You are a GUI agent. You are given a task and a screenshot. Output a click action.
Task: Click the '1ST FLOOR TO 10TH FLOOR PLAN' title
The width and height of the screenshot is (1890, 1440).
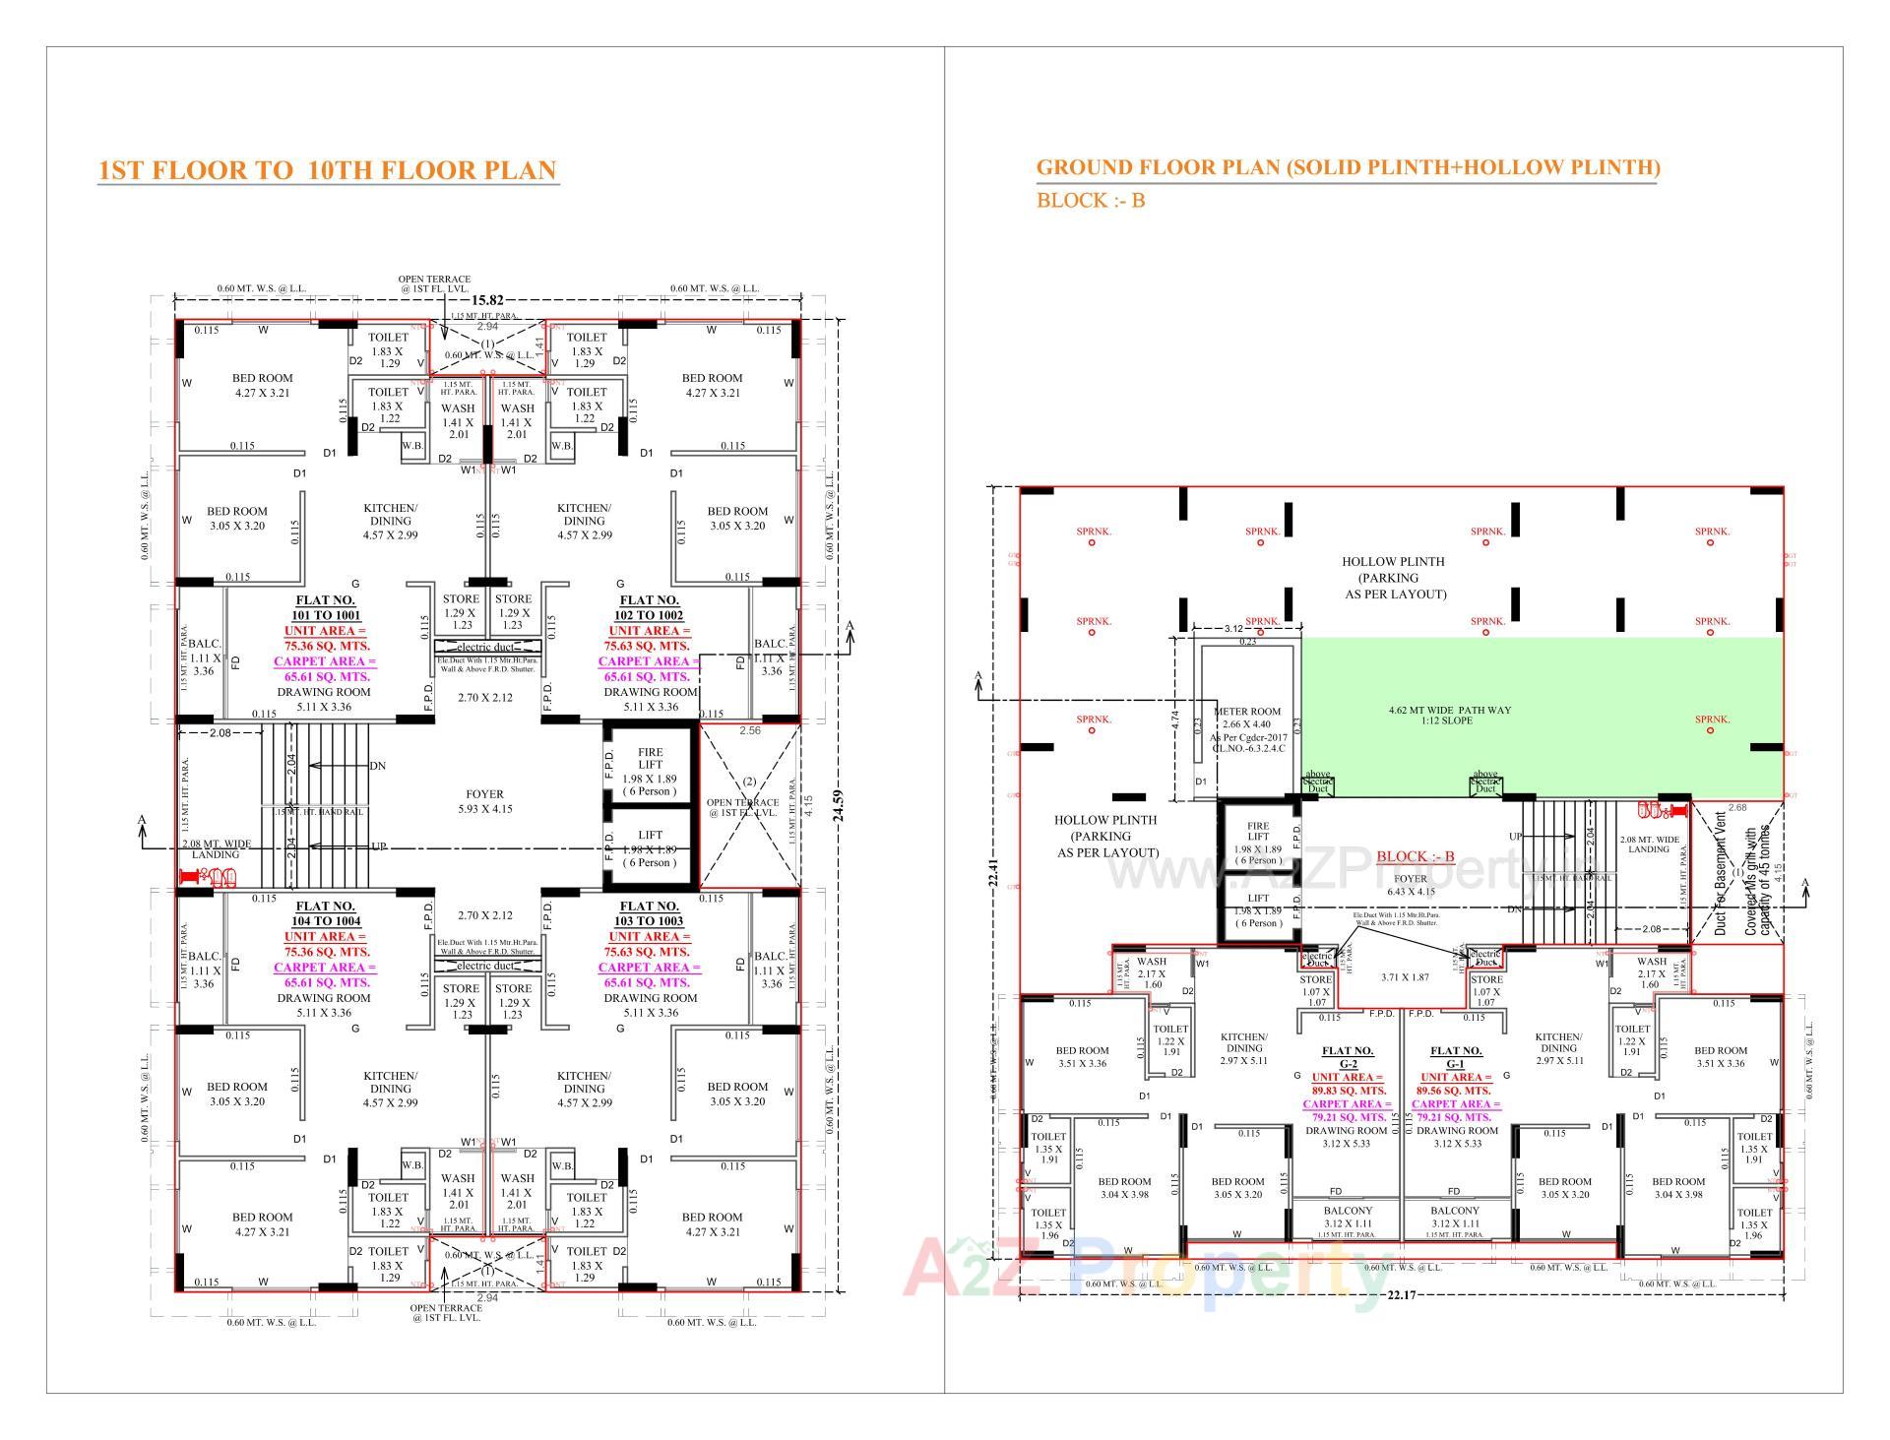click(x=328, y=170)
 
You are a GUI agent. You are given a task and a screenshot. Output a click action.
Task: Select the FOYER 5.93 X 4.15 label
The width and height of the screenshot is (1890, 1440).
click(x=484, y=801)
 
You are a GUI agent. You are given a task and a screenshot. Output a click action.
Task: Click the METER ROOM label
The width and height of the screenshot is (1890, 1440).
click(x=1247, y=712)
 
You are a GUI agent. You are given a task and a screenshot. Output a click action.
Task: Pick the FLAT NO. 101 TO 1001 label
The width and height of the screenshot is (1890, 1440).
click(x=325, y=607)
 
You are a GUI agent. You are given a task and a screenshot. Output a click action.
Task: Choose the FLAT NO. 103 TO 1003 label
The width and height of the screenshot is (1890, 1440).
click(x=650, y=913)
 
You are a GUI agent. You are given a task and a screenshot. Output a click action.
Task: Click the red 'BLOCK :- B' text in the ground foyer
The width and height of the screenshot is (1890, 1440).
click(x=1415, y=856)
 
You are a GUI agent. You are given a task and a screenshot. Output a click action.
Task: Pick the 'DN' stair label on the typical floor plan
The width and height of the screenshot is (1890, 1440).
click(x=377, y=766)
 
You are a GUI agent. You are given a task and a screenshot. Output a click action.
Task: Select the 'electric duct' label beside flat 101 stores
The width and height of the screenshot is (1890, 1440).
click(x=485, y=647)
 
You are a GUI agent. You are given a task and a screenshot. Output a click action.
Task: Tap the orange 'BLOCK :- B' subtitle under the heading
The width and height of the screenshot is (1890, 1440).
click(x=1090, y=201)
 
